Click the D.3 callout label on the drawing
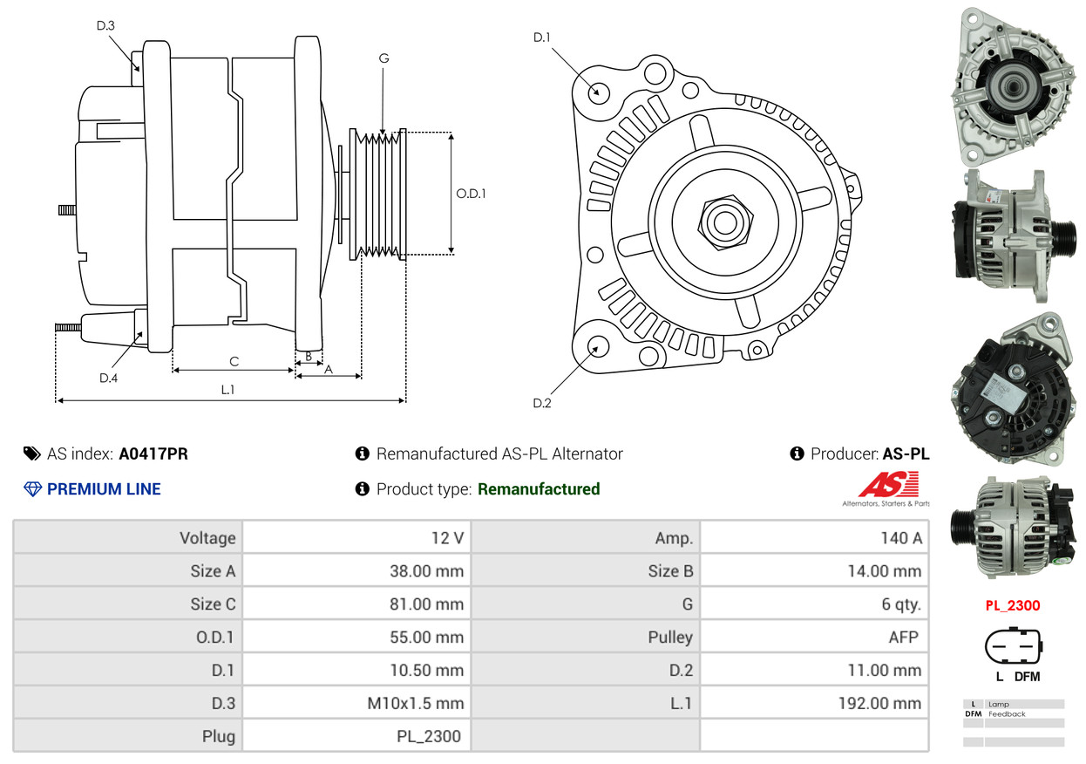tap(105, 25)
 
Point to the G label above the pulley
tap(383, 58)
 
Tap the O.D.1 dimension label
tap(471, 194)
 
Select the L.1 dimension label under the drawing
tap(227, 390)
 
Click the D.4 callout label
tap(108, 378)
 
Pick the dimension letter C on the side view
tap(234, 361)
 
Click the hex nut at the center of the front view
tap(723, 221)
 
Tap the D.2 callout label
tap(542, 403)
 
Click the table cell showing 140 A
tap(900, 538)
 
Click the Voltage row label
tap(207, 538)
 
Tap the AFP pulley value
tap(903, 638)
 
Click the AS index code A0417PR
tap(153, 454)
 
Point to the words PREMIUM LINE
tap(104, 489)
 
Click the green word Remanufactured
tap(539, 489)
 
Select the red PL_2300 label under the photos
tap(1013, 605)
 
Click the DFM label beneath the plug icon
tap(1027, 677)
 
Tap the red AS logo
tap(888, 485)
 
